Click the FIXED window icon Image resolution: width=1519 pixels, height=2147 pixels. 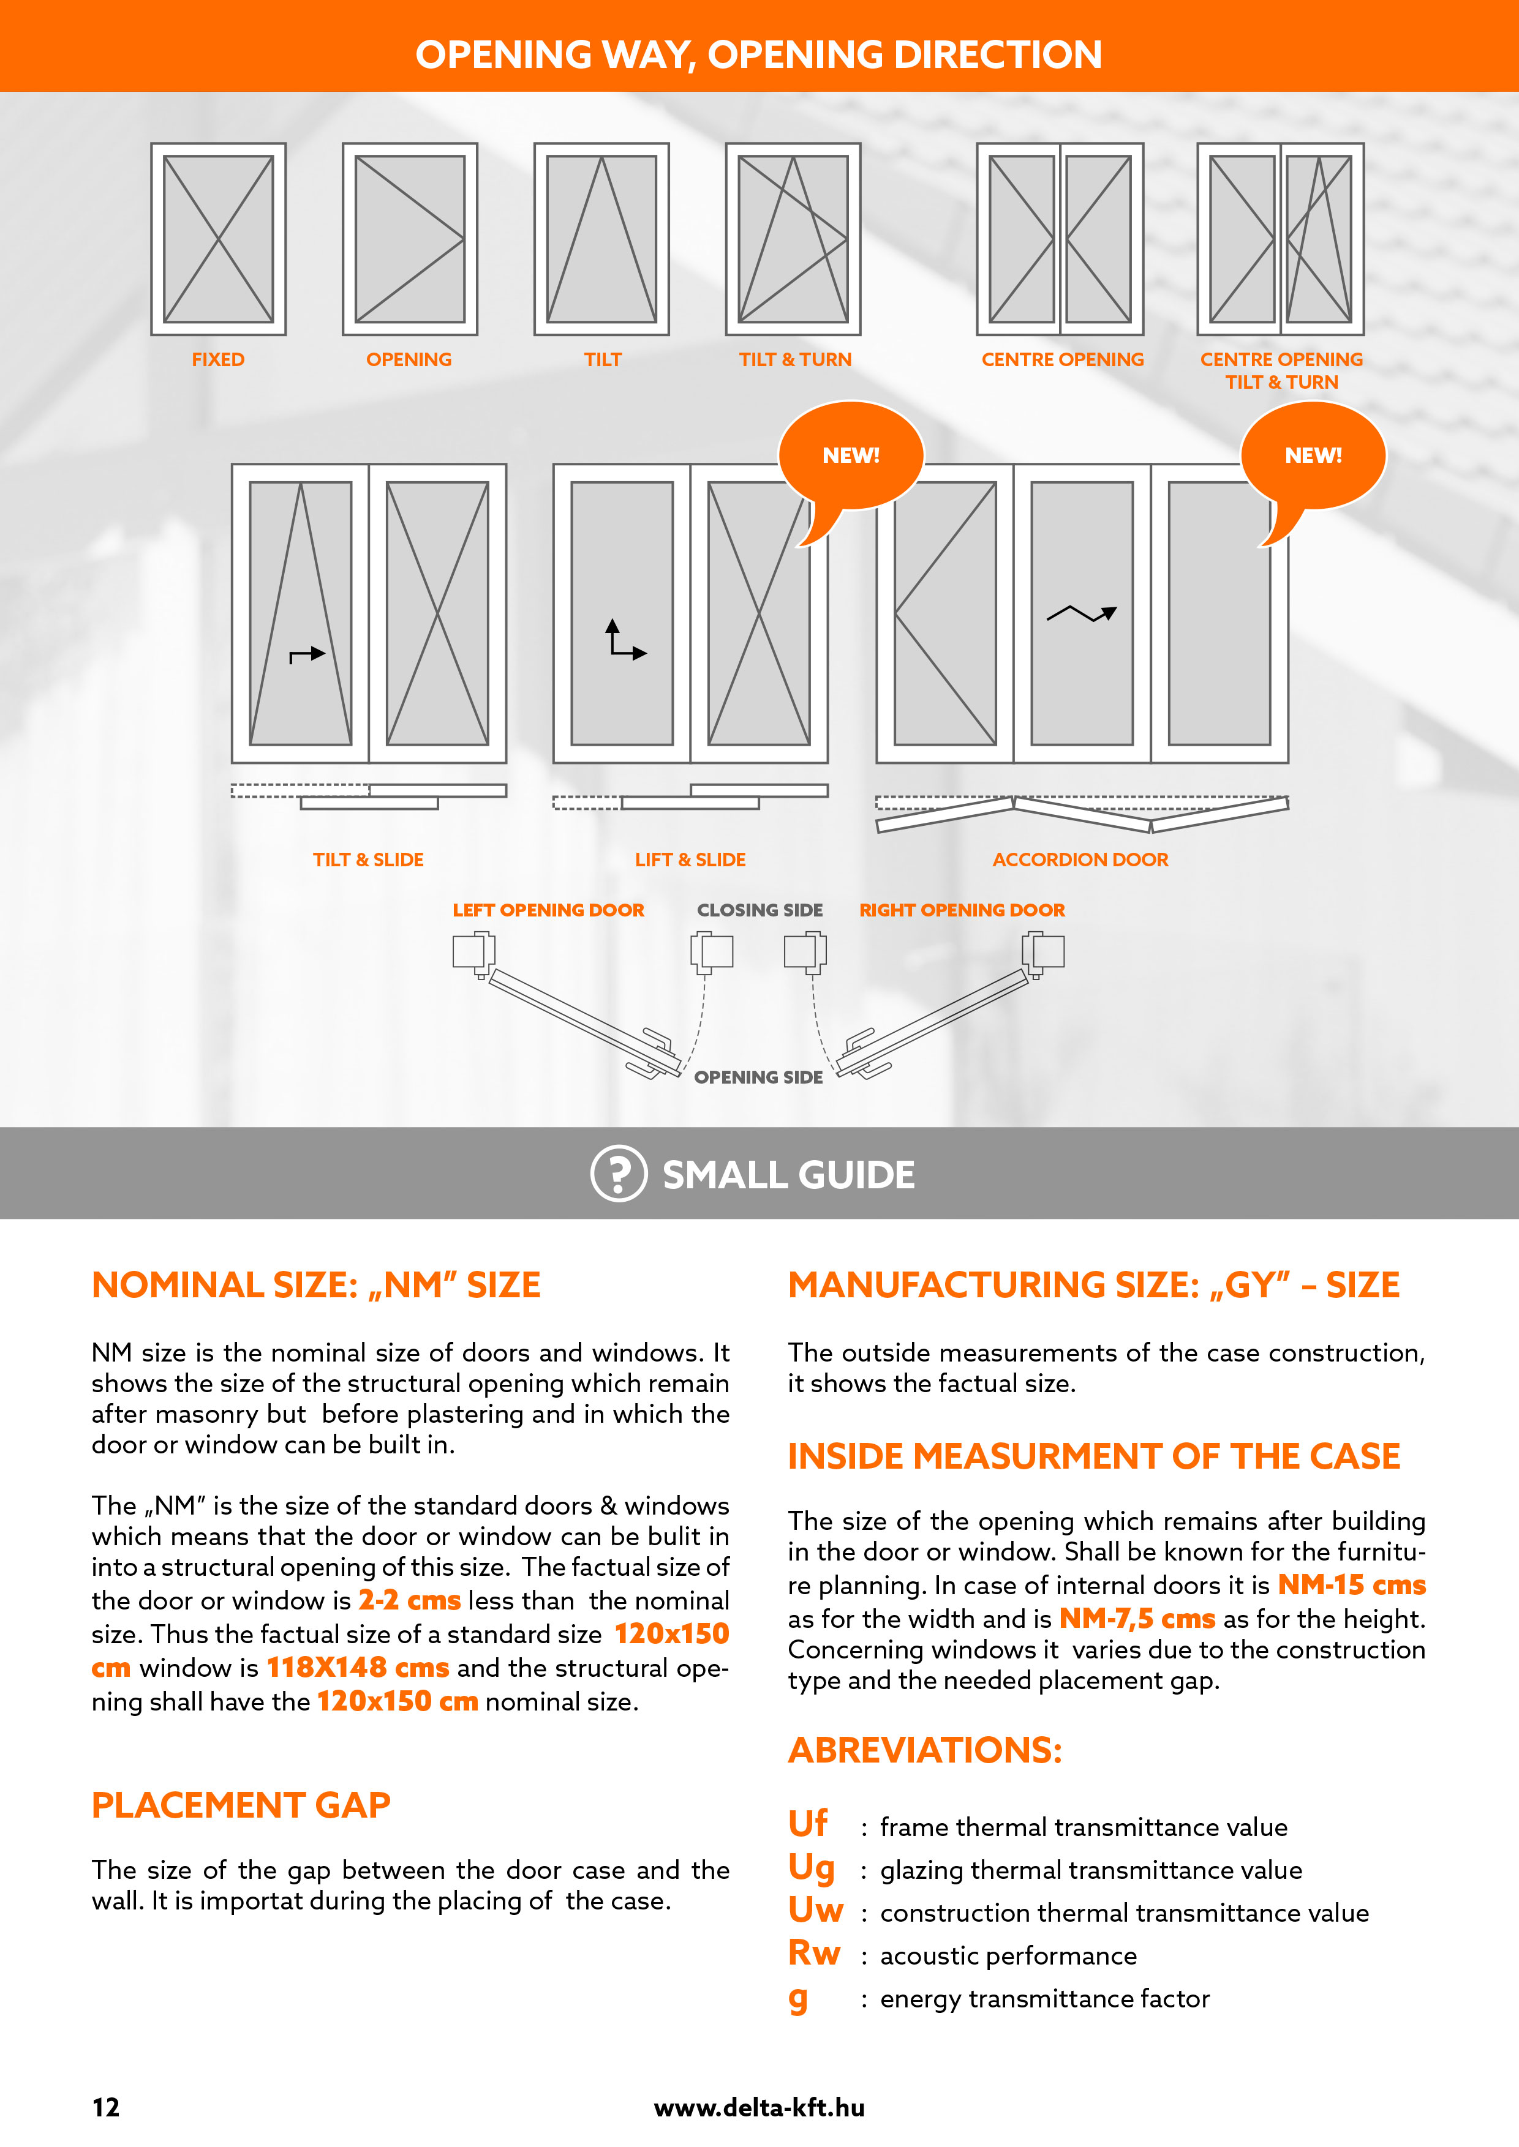(x=218, y=239)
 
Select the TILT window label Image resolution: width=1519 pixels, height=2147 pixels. (x=602, y=360)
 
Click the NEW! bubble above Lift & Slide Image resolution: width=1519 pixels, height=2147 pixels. (x=850, y=456)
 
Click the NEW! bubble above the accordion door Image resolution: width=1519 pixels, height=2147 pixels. (x=1313, y=456)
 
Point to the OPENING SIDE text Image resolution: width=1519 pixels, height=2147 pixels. (x=758, y=1077)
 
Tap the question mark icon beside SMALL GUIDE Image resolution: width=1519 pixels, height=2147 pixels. (x=618, y=1174)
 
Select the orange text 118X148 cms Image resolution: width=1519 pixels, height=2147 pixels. (x=357, y=1668)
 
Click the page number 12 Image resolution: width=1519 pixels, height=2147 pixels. (x=106, y=2108)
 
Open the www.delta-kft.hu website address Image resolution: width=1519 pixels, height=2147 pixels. (x=758, y=2108)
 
